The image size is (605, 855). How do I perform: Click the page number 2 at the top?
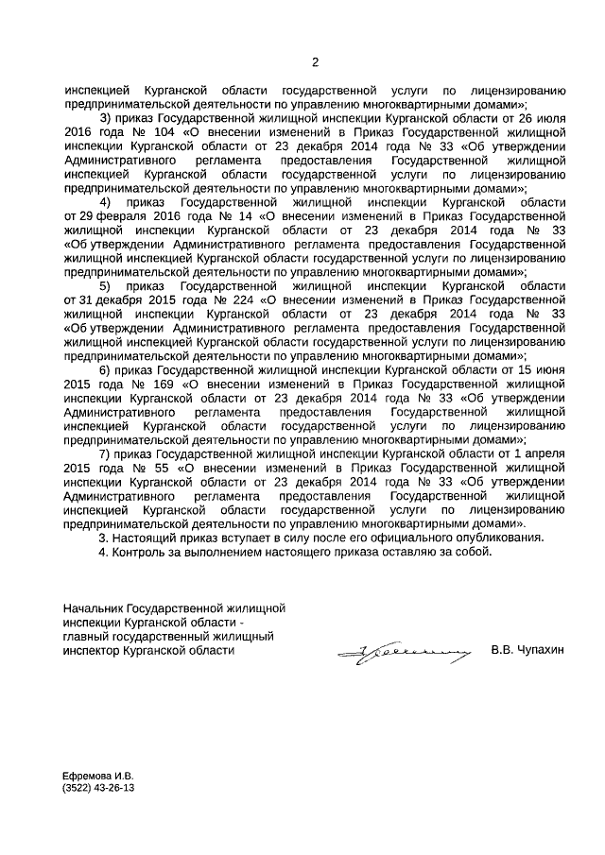click(315, 63)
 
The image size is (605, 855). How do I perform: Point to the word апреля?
click(544, 454)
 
